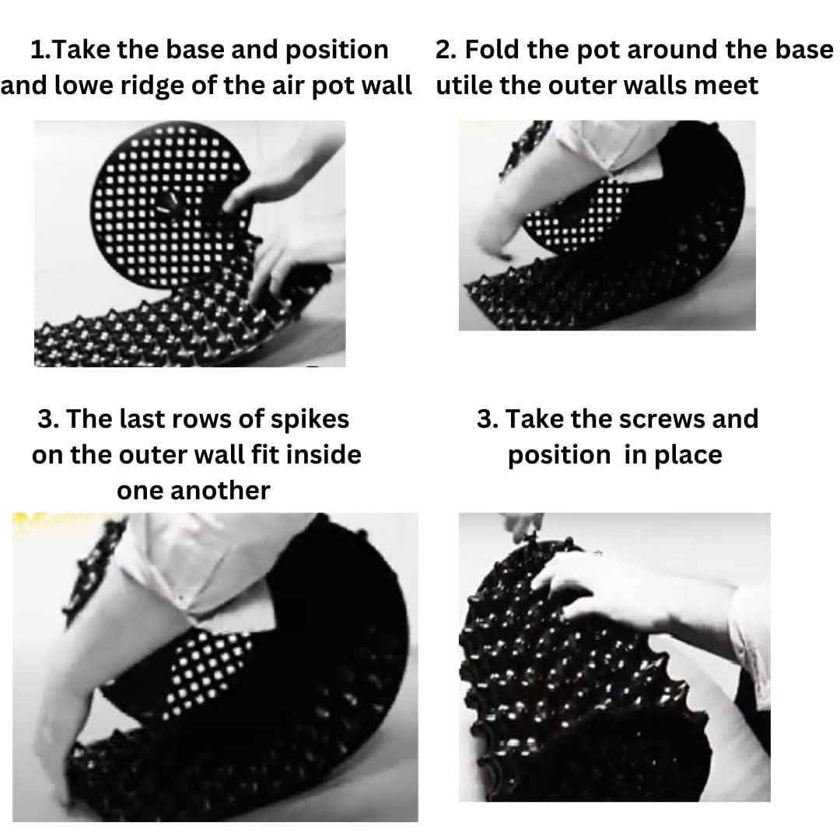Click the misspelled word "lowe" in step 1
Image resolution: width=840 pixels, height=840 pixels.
click(81, 85)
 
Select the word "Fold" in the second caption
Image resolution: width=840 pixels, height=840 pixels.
click(497, 50)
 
